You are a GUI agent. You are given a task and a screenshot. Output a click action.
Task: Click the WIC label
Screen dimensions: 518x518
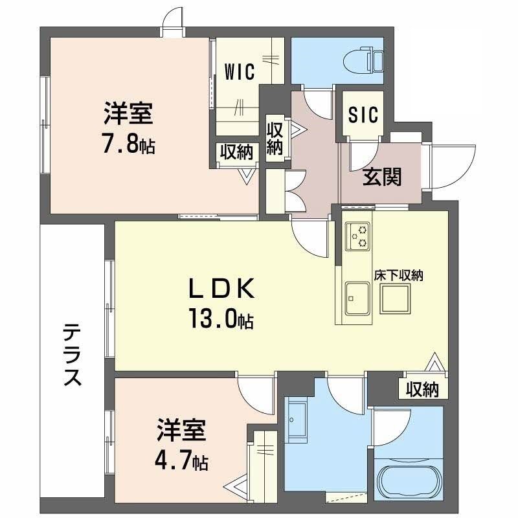pyautogui.click(x=240, y=71)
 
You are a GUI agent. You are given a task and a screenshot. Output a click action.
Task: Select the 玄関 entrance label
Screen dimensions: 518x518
pyautogui.click(x=381, y=176)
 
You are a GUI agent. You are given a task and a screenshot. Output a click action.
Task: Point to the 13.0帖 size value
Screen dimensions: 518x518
pyautogui.click(x=221, y=319)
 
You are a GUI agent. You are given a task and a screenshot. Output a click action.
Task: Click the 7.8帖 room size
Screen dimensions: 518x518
pyautogui.click(x=128, y=144)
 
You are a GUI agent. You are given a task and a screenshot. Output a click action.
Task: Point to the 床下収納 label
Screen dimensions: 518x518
pyautogui.click(x=398, y=275)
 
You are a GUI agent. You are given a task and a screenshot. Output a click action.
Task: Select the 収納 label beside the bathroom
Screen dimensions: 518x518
pyautogui.click(x=422, y=389)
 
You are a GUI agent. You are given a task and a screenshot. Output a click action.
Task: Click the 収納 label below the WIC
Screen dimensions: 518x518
pyautogui.click(x=236, y=152)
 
